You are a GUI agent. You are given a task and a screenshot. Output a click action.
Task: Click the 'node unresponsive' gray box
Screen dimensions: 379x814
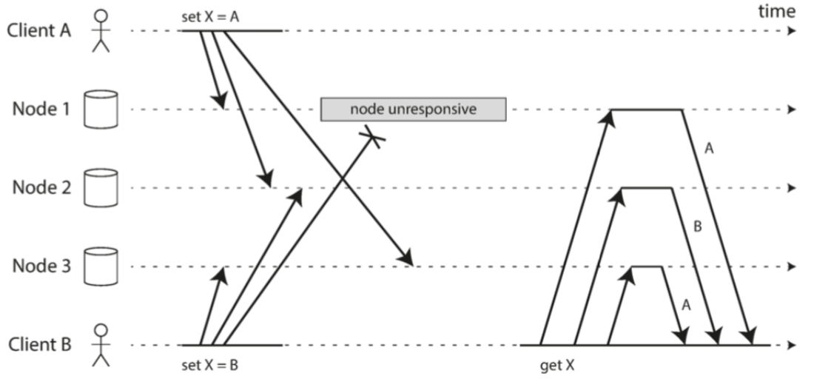pyautogui.click(x=413, y=110)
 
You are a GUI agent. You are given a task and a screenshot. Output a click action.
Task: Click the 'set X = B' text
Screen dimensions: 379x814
pyautogui.click(x=210, y=364)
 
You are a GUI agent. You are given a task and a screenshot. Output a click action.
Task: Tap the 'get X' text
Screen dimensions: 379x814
pyautogui.click(x=559, y=364)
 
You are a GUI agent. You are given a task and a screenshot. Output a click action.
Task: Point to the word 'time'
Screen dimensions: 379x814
pyautogui.click(x=777, y=11)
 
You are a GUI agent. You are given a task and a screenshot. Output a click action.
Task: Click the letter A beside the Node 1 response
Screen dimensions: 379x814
pyautogui.click(x=709, y=149)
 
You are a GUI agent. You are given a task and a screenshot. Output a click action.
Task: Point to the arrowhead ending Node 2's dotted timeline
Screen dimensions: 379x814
pyautogui.click(x=793, y=188)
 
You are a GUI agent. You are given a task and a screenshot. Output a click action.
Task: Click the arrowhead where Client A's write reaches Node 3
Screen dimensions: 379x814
pyautogui.click(x=406, y=260)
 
